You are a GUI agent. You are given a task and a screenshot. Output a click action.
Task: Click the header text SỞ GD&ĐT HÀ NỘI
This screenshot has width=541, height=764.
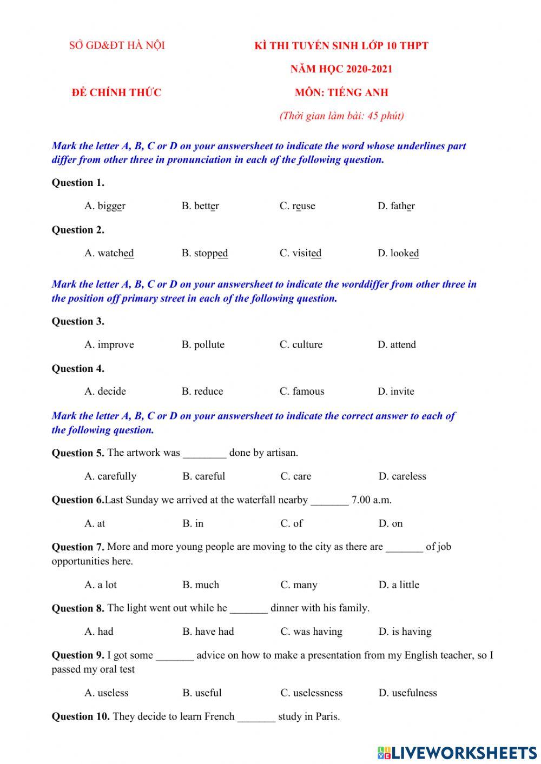(x=117, y=45)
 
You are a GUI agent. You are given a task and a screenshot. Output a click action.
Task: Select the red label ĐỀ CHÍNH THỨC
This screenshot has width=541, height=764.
(x=116, y=92)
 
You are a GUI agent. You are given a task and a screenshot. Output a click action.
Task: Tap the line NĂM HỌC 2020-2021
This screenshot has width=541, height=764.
(x=341, y=69)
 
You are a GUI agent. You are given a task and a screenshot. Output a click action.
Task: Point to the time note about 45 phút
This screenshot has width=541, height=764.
(x=341, y=116)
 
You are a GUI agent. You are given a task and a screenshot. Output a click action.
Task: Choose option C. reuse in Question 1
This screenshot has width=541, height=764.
(x=297, y=206)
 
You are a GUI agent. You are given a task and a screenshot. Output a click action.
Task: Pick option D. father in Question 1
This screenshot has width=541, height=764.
(x=396, y=206)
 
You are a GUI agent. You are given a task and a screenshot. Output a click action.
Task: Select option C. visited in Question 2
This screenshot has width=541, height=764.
(x=300, y=253)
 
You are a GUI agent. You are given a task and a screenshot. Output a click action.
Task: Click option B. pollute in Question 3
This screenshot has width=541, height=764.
(x=203, y=344)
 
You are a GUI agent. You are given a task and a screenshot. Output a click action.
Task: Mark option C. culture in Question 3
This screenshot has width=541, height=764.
(x=301, y=344)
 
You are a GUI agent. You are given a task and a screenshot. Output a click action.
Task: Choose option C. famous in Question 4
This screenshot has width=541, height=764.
(x=302, y=391)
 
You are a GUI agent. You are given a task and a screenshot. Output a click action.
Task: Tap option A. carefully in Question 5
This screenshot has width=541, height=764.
(x=110, y=476)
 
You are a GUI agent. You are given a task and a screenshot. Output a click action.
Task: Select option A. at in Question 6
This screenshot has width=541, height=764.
(x=95, y=523)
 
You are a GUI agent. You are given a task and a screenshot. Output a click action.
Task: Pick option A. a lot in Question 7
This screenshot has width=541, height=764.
(x=101, y=585)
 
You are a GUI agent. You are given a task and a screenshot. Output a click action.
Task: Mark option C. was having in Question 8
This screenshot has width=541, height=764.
(x=311, y=632)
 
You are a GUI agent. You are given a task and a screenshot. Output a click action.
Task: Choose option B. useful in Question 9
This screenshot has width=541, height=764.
(x=202, y=693)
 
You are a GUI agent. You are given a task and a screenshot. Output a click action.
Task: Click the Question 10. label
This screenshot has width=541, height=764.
(x=81, y=717)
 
